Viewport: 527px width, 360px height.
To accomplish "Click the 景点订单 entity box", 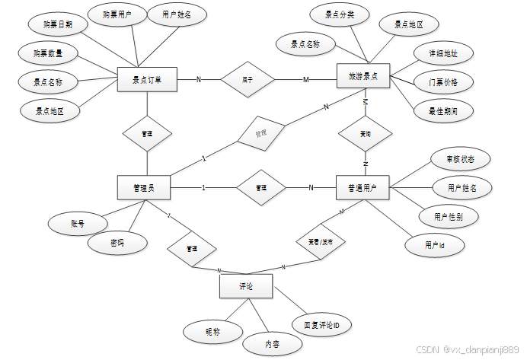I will (x=148, y=79).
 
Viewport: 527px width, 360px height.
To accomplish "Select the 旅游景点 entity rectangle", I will (x=363, y=77).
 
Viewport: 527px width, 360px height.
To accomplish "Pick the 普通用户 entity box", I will (x=363, y=188).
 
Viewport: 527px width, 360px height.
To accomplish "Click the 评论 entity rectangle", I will (x=246, y=286).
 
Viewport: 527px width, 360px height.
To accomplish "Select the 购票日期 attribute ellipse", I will (x=56, y=24).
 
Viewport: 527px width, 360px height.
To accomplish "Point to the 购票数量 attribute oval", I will (x=49, y=53).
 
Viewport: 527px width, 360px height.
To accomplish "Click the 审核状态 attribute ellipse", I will (x=457, y=160).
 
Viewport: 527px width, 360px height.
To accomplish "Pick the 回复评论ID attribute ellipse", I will (x=322, y=326).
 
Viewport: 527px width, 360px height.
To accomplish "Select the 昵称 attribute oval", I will (x=212, y=332).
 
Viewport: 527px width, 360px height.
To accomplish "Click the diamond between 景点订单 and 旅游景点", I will (x=248, y=79).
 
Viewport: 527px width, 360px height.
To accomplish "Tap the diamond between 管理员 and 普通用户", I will (x=261, y=187).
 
